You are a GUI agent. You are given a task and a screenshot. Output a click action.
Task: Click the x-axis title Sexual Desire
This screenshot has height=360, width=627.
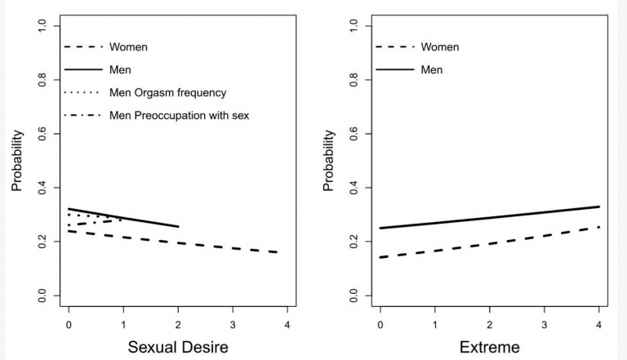pos(177,348)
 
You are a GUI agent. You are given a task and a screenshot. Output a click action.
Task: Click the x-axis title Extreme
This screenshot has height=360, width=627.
pos(489,348)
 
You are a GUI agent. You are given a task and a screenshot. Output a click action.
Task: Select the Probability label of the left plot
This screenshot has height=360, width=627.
pos(17,160)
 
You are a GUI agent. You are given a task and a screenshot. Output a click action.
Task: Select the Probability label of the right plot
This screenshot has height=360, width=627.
pos(328,160)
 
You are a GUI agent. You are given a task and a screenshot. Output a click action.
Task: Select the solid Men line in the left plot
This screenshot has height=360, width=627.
pos(122,218)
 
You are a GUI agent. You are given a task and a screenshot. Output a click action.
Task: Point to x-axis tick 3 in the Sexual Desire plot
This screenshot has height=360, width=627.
pos(233,321)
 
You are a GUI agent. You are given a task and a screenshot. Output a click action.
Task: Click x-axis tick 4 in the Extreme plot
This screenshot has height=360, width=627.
pos(599,321)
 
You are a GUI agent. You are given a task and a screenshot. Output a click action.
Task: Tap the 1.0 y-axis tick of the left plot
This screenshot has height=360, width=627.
pos(42,26)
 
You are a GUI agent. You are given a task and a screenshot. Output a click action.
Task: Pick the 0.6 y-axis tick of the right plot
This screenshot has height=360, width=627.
pos(354,134)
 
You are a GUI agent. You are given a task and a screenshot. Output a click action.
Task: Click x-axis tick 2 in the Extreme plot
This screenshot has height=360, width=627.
pos(490,321)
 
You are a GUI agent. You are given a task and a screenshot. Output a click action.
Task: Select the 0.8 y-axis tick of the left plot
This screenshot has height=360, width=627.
pos(42,80)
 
